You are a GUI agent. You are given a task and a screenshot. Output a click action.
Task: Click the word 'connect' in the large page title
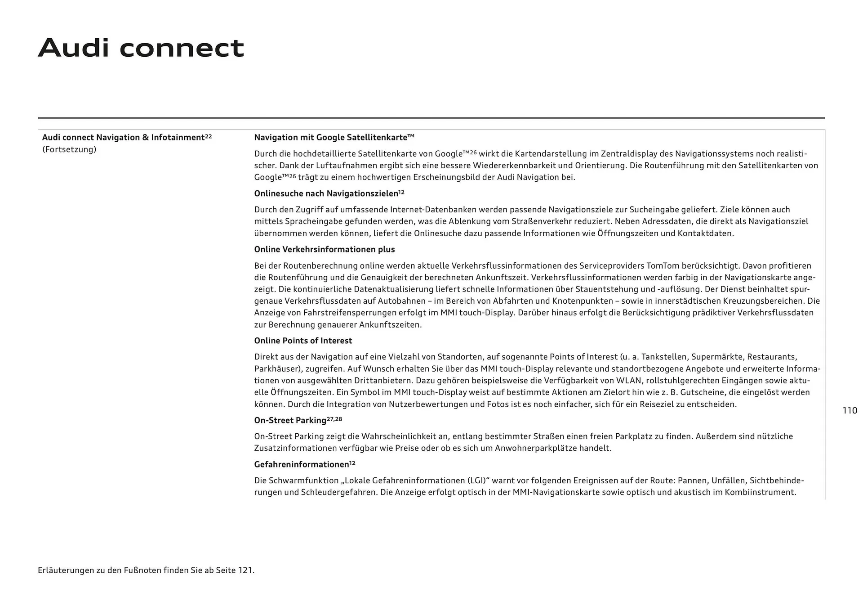point(182,48)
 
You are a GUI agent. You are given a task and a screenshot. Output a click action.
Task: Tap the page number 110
point(850,410)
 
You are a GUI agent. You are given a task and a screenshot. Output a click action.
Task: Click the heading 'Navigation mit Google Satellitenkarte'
point(334,137)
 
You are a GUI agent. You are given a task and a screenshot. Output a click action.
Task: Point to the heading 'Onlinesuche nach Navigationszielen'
point(326,193)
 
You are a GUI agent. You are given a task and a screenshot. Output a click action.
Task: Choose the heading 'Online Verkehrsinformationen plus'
point(324,249)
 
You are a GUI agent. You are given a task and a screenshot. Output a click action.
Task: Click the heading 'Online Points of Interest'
point(303,341)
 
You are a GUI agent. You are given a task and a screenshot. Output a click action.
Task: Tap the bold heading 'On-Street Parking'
point(290,420)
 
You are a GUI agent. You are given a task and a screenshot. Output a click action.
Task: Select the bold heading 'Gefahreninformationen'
point(302,464)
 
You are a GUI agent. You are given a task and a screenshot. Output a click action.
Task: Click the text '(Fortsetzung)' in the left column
point(69,149)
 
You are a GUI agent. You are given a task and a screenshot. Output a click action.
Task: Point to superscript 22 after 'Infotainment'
point(208,135)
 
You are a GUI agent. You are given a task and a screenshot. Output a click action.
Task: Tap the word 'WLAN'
point(628,381)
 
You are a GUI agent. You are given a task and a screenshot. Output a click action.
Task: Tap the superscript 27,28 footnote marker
point(334,418)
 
